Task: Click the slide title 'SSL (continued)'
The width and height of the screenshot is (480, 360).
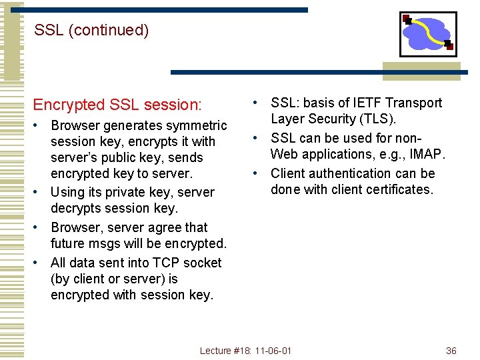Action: (x=91, y=30)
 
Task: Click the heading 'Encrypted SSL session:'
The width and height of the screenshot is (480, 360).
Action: (x=117, y=105)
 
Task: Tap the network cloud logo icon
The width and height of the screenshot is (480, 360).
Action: (x=427, y=34)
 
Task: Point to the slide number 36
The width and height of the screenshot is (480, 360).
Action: (x=451, y=351)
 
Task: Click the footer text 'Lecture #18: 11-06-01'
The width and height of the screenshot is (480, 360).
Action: (x=246, y=351)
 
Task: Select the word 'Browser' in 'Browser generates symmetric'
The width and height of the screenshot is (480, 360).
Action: (x=75, y=125)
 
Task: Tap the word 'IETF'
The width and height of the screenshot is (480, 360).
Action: (x=352, y=103)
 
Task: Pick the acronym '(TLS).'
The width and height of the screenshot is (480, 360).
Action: (x=377, y=119)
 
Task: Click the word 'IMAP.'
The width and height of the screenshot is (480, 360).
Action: (x=425, y=155)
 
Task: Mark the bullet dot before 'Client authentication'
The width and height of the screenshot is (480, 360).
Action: (x=255, y=173)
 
